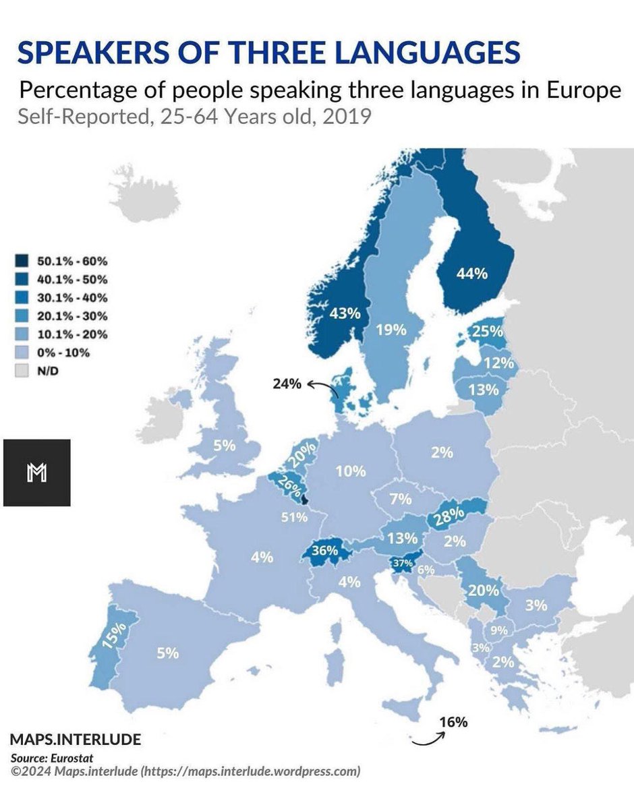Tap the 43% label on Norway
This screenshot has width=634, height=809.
345,313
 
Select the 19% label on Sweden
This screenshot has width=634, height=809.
391,330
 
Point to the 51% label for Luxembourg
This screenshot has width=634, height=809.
295,517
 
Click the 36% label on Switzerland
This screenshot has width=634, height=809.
324,549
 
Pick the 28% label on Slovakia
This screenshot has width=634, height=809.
450,515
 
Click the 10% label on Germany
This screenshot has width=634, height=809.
351,471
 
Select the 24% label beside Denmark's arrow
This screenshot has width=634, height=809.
287,384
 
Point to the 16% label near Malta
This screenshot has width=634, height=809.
453,722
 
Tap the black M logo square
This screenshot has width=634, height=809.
36,473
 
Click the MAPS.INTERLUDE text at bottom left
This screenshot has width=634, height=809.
76,739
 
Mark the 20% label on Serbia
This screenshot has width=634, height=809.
484,591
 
